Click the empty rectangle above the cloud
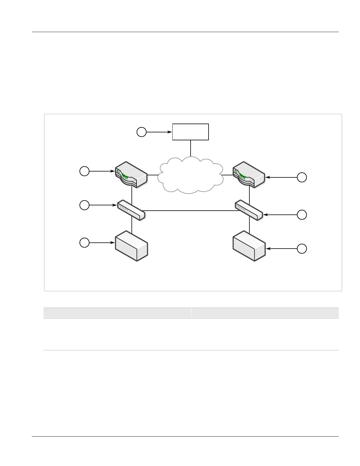(x=190, y=132)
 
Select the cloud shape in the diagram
(x=190, y=175)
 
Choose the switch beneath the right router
(x=249, y=210)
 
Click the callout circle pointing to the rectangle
(x=141, y=132)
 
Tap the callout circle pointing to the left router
(x=84, y=171)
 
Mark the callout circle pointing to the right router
(x=302, y=177)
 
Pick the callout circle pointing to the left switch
(x=84, y=205)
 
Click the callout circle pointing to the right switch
(x=302, y=215)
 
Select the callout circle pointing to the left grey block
(x=84, y=243)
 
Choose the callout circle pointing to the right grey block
(x=302, y=249)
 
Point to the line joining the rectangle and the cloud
(x=191, y=148)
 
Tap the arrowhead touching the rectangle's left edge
(x=170, y=132)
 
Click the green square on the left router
(x=118, y=171)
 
